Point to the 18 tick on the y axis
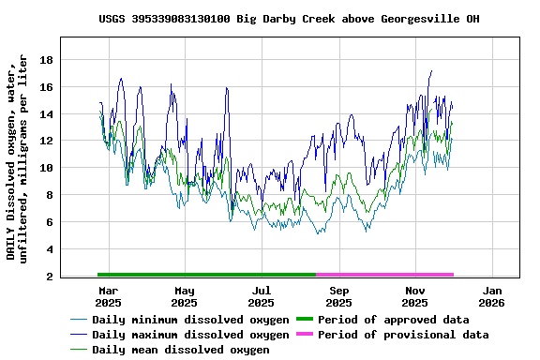point(46,60)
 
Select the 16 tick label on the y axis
point(46,87)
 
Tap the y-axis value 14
point(46,114)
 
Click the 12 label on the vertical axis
point(46,141)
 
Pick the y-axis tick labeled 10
point(46,168)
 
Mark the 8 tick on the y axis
point(50,195)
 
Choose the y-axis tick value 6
point(50,222)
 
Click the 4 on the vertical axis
point(50,249)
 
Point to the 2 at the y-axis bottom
point(50,277)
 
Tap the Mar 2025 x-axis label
point(108,297)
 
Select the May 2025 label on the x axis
point(185,297)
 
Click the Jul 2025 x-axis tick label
point(262,297)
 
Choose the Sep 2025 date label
point(339,297)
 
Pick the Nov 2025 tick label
point(415,297)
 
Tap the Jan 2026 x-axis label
point(492,297)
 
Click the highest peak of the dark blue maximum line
point(431,71)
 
